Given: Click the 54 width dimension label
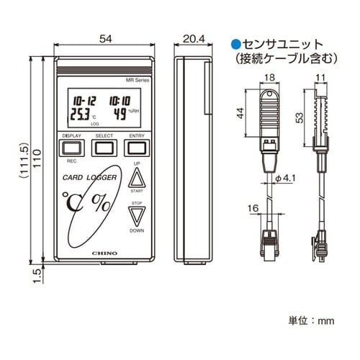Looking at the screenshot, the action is (106, 39).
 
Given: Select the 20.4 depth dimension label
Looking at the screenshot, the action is (194, 39).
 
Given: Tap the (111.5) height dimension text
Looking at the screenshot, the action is (24, 161).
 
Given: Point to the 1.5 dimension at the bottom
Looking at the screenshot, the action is (37, 276).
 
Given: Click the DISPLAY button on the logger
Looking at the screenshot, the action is (71, 148).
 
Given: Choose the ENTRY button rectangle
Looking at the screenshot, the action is (137, 148).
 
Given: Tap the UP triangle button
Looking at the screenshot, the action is (137, 178).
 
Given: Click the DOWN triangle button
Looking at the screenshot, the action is (137, 216).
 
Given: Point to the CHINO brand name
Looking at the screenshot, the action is (105, 253).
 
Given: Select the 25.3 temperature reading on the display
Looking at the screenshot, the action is (79, 114).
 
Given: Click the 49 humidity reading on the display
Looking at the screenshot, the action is (120, 114).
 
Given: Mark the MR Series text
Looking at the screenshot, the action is (138, 81).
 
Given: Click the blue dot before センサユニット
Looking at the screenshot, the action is (235, 44).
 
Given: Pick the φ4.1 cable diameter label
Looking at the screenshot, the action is (285, 179).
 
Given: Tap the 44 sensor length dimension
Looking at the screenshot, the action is (240, 113).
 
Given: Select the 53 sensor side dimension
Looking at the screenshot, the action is (300, 118).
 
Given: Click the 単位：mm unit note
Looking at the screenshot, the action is (311, 321).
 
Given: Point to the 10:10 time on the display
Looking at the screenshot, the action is (120, 101).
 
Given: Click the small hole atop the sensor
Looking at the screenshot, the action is (270, 93).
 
